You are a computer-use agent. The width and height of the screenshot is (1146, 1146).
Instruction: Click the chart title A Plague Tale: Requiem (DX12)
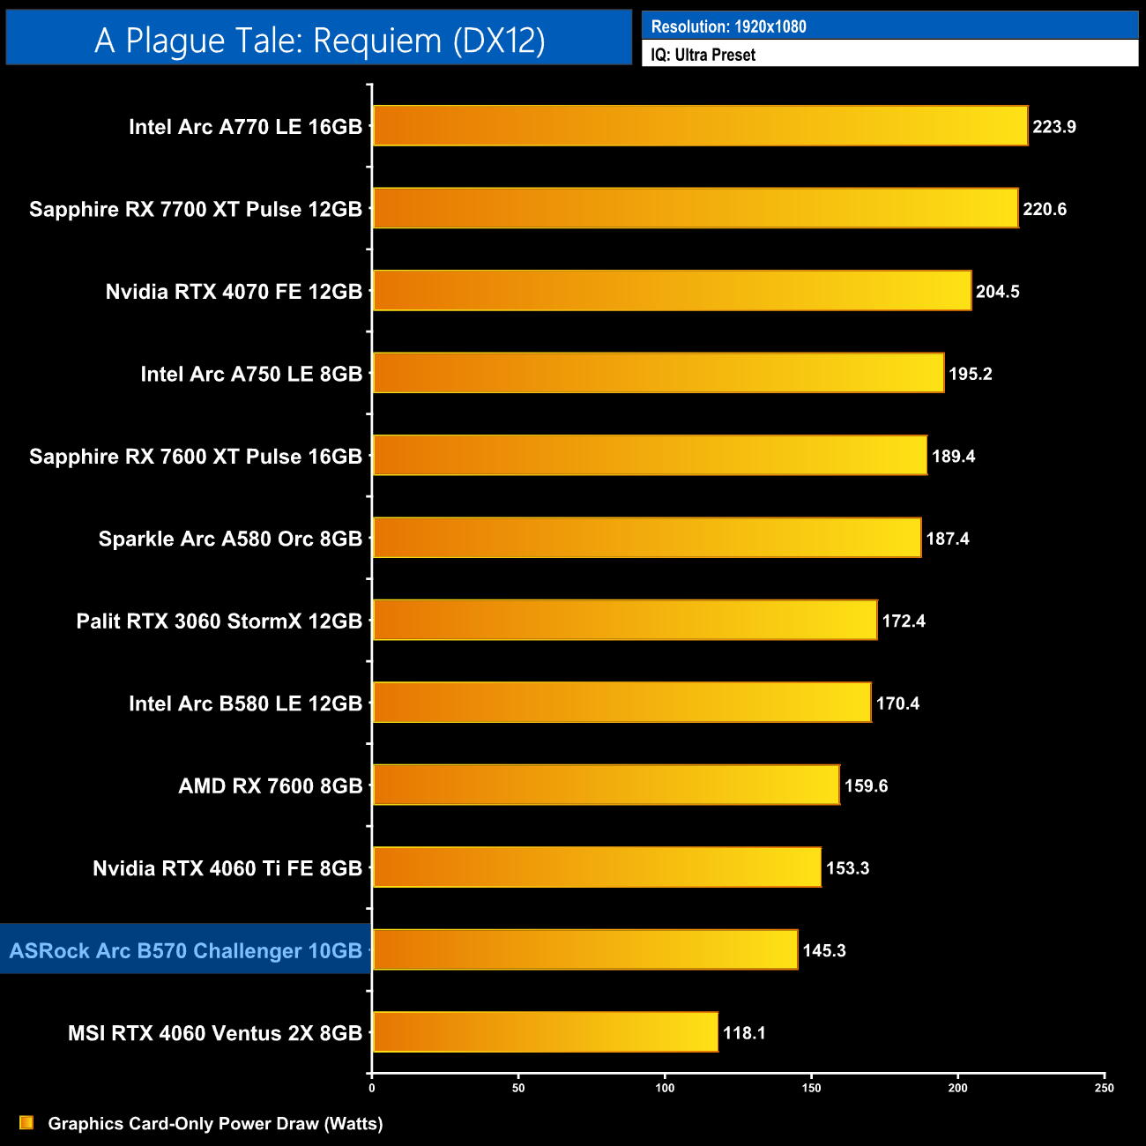(x=319, y=41)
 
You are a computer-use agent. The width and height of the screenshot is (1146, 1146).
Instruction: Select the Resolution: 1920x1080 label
(x=728, y=26)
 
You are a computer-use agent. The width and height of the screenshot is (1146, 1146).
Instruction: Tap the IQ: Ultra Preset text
(x=703, y=55)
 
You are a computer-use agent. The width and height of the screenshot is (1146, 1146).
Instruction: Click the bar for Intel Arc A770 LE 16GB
(x=700, y=126)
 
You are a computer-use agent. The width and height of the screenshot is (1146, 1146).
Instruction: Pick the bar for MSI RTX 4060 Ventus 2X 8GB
(x=545, y=1032)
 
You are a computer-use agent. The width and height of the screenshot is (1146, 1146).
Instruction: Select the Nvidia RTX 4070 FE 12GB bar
(x=672, y=291)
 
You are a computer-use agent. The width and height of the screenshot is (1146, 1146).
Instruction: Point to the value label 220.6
(x=1045, y=209)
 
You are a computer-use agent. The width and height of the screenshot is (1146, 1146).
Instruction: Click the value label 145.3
(x=824, y=950)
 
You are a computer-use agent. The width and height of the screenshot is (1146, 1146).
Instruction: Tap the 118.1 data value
(x=744, y=1033)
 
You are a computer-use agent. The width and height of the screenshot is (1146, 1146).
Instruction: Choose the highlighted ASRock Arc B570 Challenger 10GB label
(x=186, y=950)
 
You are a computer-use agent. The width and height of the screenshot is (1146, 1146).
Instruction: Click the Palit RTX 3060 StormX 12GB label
(x=220, y=621)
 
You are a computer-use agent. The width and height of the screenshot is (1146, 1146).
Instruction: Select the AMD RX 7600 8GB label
(x=271, y=785)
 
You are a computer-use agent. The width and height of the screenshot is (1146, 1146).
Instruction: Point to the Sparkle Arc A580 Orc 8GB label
(x=230, y=539)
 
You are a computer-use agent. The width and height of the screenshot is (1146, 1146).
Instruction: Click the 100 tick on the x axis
(x=665, y=1088)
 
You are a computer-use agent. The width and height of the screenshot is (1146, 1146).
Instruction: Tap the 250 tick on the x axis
(x=1105, y=1088)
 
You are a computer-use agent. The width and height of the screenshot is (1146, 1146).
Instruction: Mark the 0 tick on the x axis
(x=372, y=1088)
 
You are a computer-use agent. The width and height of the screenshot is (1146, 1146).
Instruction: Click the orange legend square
(x=26, y=1122)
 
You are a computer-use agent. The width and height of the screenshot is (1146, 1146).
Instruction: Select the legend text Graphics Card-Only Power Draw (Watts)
(x=215, y=1123)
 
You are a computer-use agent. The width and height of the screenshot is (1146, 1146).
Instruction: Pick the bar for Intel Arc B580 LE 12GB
(x=621, y=703)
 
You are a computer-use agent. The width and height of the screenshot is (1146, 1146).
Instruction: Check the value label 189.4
(x=953, y=456)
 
